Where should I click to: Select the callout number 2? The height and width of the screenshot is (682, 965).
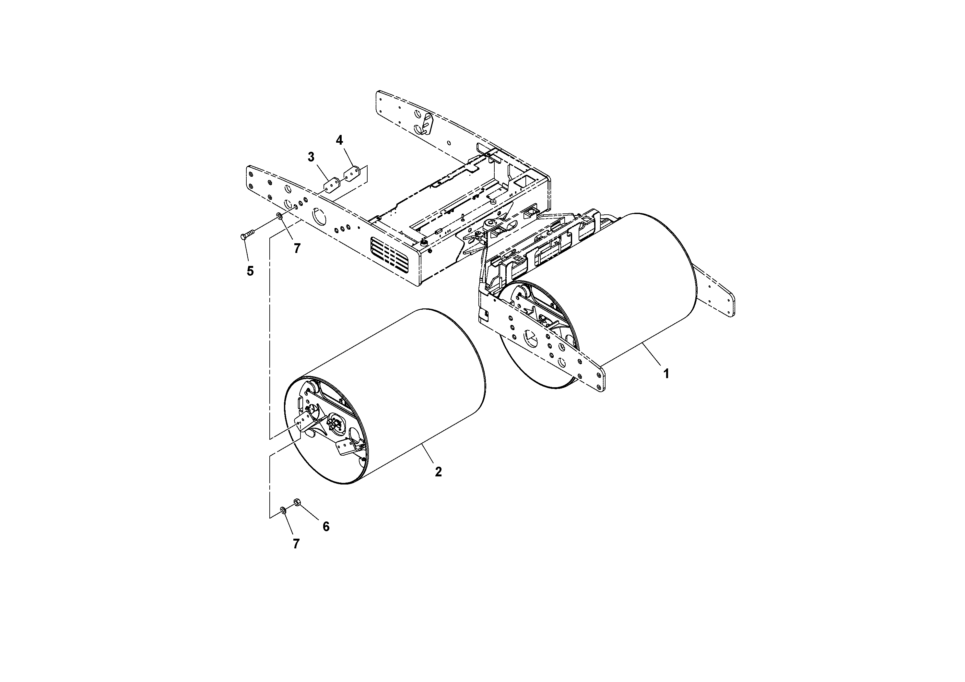pos(438,472)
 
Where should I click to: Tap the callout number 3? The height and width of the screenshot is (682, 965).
pos(311,157)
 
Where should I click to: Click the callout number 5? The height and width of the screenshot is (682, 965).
pos(250,271)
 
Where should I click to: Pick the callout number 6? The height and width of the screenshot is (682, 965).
pos(326,526)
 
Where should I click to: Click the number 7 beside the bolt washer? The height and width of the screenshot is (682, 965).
pos(297,248)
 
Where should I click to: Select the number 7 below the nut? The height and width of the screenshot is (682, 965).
pos(296,544)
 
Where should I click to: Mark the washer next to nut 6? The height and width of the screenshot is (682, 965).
pos(283,510)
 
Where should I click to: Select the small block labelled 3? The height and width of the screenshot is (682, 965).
pos(332,184)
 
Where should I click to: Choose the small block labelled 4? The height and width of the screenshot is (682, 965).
pos(353,173)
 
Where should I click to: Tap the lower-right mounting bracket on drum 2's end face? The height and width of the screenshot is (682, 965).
pos(347,446)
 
